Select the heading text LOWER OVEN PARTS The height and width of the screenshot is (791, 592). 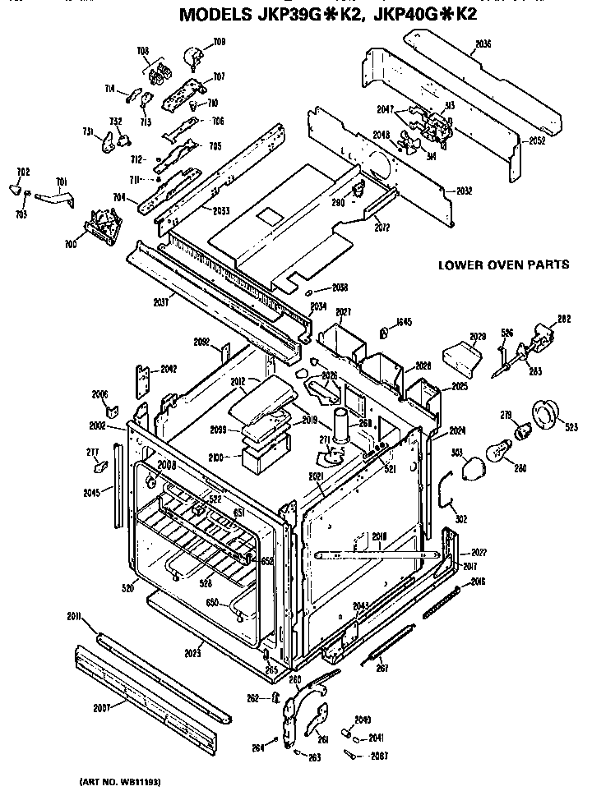tap(503, 265)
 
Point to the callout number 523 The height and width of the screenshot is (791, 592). tap(570, 425)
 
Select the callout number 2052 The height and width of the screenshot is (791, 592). tap(536, 140)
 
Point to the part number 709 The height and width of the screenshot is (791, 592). tap(219, 41)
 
